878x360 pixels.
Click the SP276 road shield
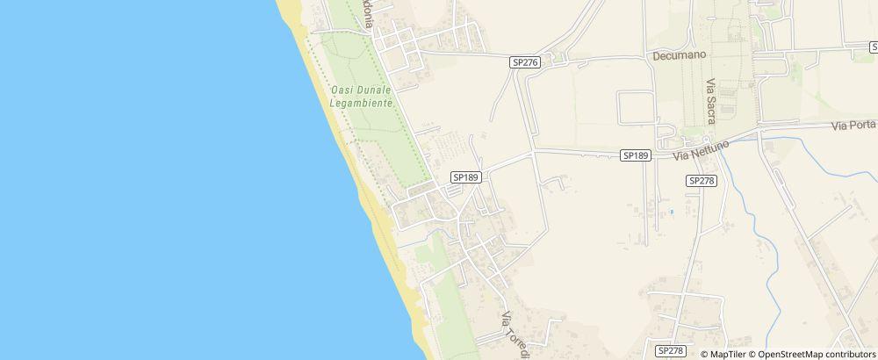click(x=524, y=62)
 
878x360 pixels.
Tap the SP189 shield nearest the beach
click(x=464, y=176)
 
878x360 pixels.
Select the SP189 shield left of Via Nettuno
click(x=635, y=155)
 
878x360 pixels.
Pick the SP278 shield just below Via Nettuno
click(x=702, y=180)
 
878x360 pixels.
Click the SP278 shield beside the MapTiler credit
click(x=671, y=350)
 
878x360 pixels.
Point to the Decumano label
click(x=680, y=54)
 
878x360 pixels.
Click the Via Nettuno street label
click(x=702, y=151)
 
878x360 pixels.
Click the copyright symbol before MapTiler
click(x=705, y=354)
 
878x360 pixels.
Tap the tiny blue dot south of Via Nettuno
click(x=672, y=212)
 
